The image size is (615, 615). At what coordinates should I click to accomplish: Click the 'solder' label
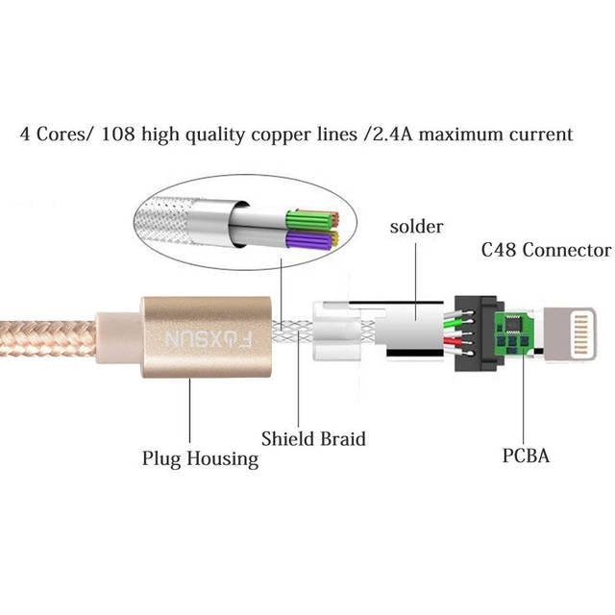(x=416, y=228)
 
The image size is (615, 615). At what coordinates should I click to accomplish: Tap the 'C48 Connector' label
(x=545, y=250)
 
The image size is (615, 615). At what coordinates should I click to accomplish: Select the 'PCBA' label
(x=526, y=455)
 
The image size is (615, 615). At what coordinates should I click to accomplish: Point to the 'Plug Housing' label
(x=201, y=458)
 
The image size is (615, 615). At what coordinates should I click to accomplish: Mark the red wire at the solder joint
(x=452, y=342)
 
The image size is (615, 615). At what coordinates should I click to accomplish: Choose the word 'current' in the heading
(x=542, y=134)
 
